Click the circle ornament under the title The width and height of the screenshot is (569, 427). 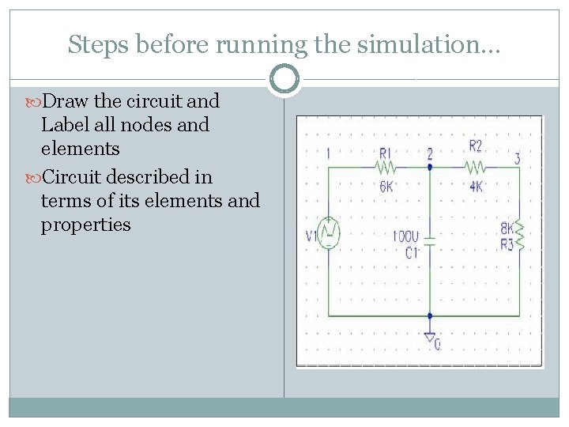tap(284, 79)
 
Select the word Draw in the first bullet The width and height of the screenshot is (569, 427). tap(66, 101)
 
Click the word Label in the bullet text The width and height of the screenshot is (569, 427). tap(65, 125)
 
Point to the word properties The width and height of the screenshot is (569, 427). tap(85, 225)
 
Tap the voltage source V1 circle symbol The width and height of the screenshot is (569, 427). tap(329, 233)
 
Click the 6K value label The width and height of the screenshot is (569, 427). tap(386, 187)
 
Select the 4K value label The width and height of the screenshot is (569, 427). tap(475, 187)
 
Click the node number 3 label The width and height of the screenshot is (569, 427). tap(517, 158)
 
